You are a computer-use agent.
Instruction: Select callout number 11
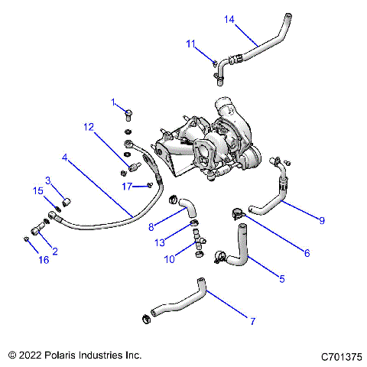coord(192,45)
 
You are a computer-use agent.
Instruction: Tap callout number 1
coord(113,102)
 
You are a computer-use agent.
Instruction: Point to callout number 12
coord(89,126)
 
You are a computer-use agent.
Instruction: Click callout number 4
coord(66,158)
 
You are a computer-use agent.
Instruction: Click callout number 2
coord(54,251)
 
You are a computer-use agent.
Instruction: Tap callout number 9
coord(322,220)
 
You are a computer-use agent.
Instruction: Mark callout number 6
coord(286,252)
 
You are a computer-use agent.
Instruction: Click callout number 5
coord(281,279)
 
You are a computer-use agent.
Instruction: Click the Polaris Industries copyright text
coord(74,356)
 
